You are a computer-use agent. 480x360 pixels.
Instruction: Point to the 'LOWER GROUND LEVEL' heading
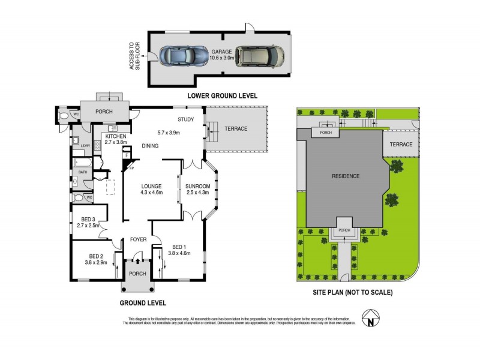[222, 95]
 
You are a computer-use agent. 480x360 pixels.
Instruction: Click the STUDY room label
[185, 119]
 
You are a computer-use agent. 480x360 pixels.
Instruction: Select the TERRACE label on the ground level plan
[236, 128]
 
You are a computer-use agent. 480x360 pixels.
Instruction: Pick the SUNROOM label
[197, 185]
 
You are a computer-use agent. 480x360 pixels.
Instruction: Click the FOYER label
[139, 239]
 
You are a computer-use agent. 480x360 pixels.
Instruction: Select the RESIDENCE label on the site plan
[346, 176]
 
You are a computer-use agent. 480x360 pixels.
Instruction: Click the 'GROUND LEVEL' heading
[143, 302]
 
